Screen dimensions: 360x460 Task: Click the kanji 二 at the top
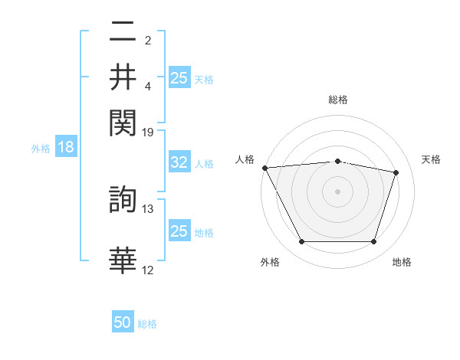click(x=123, y=34)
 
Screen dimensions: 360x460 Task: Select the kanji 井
click(x=123, y=77)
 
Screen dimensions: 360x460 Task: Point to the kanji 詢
click(x=123, y=201)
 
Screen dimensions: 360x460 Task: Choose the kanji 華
click(x=123, y=260)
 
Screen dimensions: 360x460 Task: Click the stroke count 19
click(x=148, y=133)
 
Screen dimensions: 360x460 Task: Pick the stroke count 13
click(x=148, y=208)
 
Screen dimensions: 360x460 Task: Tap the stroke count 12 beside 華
click(x=148, y=270)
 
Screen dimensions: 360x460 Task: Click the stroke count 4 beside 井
click(x=148, y=87)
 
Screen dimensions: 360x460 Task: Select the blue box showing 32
click(x=179, y=162)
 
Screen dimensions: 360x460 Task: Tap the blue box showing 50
click(x=123, y=323)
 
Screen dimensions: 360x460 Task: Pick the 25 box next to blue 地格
click(x=179, y=231)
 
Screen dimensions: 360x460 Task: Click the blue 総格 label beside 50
click(x=147, y=324)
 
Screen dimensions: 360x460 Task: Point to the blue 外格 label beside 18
click(x=41, y=149)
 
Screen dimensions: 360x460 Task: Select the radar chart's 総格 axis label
click(x=337, y=100)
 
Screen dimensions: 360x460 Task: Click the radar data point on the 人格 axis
click(x=264, y=168)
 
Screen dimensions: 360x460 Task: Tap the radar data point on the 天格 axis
click(x=396, y=172)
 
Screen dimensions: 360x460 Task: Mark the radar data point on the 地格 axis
click(x=373, y=242)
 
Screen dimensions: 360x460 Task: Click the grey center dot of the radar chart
click(x=337, y=191)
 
